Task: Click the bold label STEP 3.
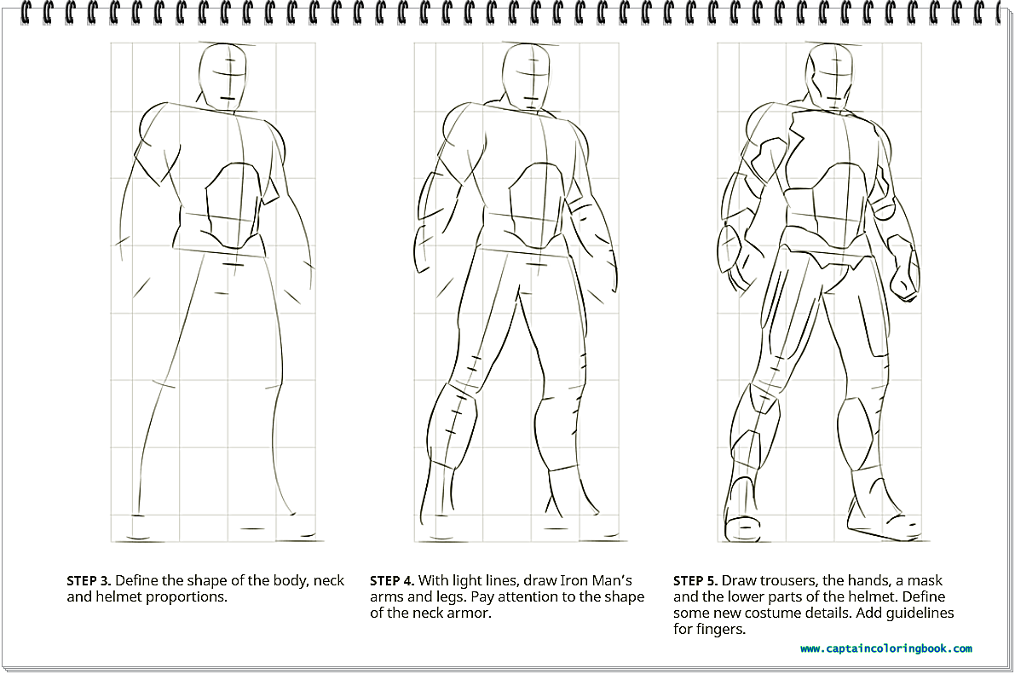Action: (89, 581)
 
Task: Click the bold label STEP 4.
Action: (392, 581)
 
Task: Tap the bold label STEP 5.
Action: (695, 581)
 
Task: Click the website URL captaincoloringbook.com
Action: (886, 648)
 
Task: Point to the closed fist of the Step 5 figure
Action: (903, 268)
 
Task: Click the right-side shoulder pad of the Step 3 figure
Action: (275, 139)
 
